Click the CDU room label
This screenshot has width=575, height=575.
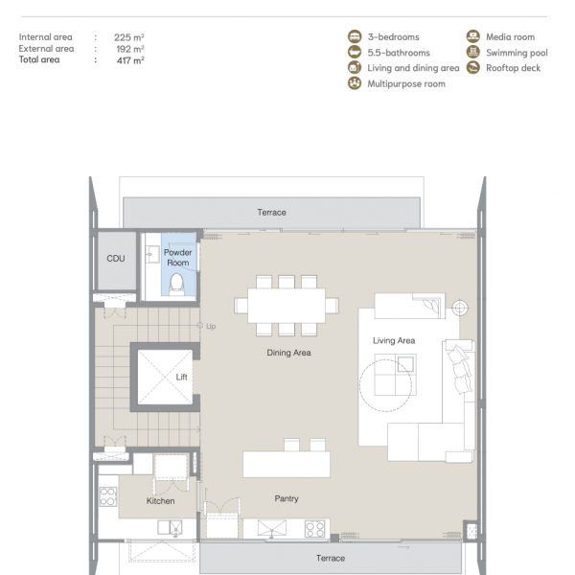(x=116, y=259)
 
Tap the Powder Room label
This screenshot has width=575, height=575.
(x=178, y=258)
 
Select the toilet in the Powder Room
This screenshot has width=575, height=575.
(x=176, y=285)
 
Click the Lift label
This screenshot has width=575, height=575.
(x=181, y=377)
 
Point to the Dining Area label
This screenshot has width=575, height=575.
(x=289, y=353)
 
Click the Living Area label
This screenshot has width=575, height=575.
(x=394, y=340)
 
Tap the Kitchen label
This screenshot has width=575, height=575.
(x=161, y=501)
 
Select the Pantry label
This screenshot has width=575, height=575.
(x=287, y=498)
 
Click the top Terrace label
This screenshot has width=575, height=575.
(x=272, y=213)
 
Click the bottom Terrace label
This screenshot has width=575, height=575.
(x=331, y=558)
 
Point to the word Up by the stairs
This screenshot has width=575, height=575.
(x=211, y=327)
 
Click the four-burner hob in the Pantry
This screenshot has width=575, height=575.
(x=315, y=529)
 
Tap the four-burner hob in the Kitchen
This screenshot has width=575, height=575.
(x=108, y=496)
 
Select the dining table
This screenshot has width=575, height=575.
(x=287, y=306)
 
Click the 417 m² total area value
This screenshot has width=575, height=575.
(x=130, y=60)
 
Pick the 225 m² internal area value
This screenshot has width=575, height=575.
(x=128, y=37)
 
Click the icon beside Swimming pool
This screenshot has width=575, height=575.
(x=473, y=52)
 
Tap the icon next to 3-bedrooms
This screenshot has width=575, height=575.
(x=355, y=36)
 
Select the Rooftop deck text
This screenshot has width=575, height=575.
(x=513, y=68)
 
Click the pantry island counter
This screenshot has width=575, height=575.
(x=287, y=464)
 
